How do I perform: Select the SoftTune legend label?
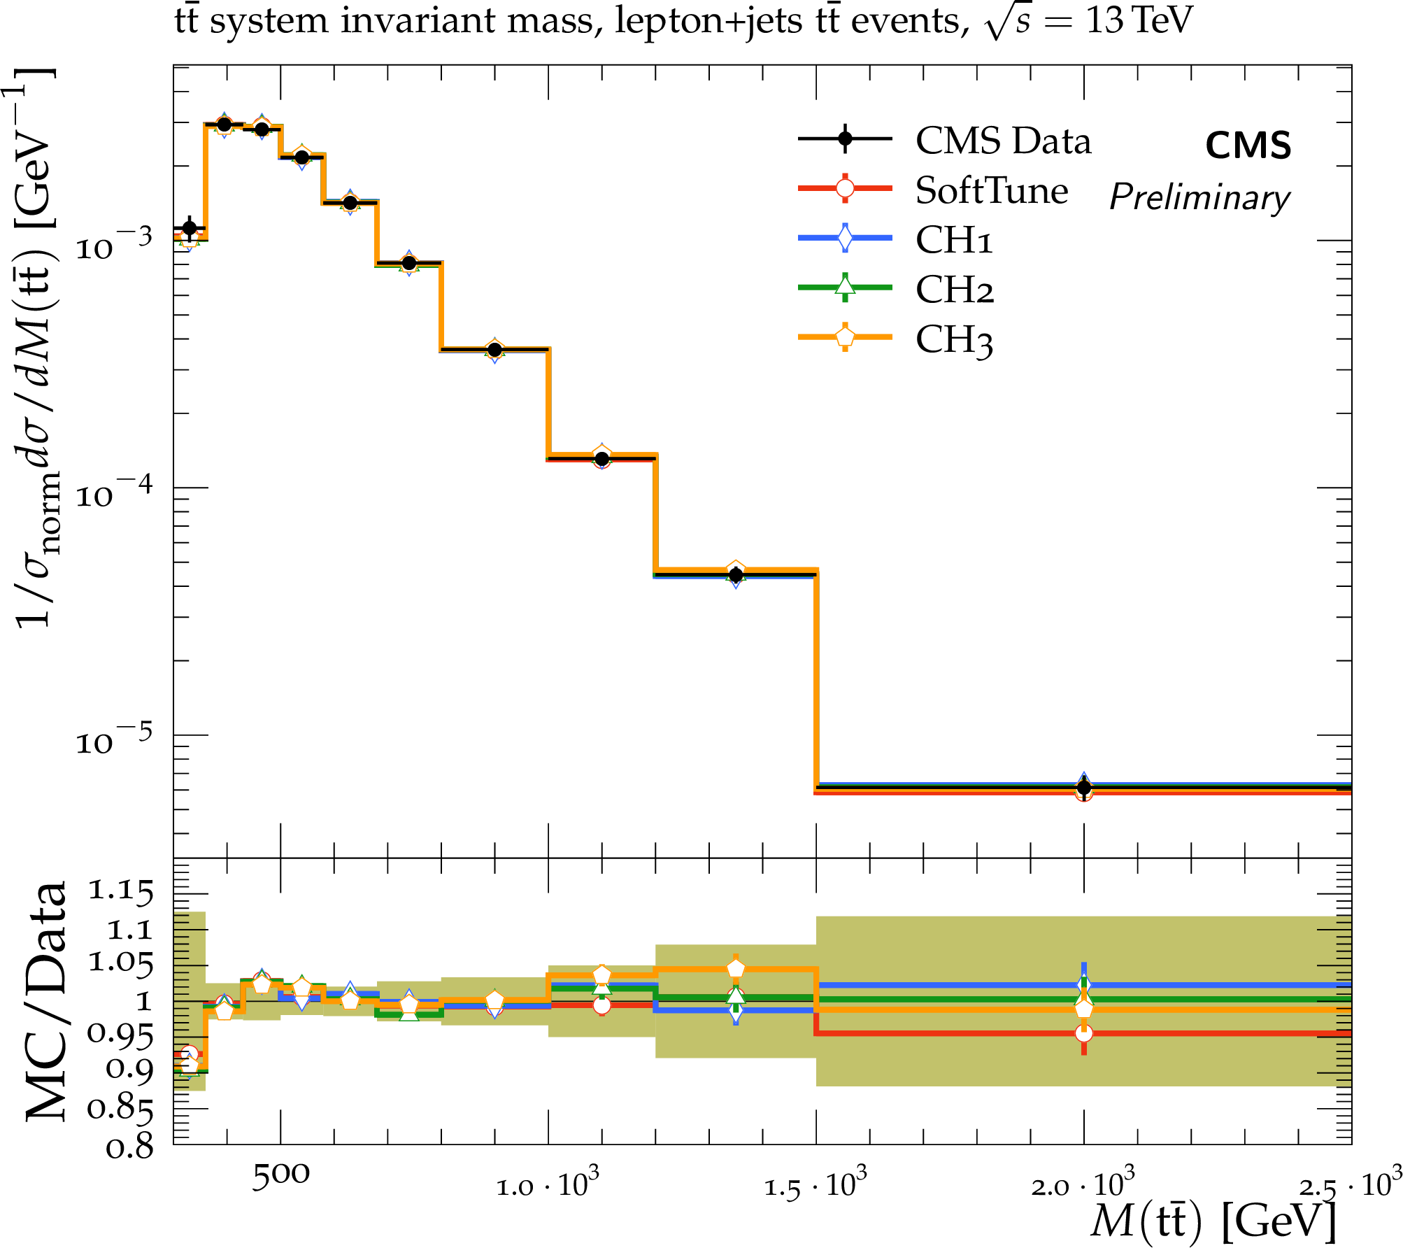991,191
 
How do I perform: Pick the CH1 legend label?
953,240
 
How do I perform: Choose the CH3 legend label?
954,340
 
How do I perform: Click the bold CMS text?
1248,146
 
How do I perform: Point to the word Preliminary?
1199,197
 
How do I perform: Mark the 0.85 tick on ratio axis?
120,1108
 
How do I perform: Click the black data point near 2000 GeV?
1084,788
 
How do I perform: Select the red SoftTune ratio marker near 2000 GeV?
1083,1033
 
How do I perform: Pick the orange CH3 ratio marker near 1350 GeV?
736,969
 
